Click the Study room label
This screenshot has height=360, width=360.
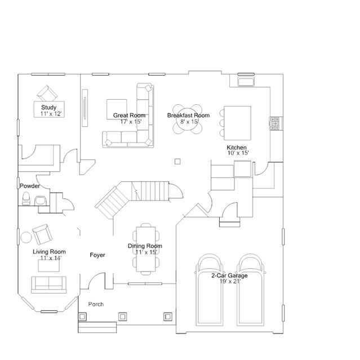point(52,107)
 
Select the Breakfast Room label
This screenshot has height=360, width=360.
point(188,115)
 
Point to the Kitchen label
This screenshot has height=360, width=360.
point(237,147)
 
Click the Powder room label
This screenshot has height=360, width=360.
point(29,186)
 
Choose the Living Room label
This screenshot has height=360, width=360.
point(49,252)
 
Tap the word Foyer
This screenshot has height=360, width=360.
point(97,255)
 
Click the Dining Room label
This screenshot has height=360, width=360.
point(145,246)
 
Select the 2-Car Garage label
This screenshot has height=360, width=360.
point(229,275)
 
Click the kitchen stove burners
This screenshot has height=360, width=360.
point(275,124)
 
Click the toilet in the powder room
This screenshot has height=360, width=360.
point(26,198)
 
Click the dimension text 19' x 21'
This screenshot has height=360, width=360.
point(230,281)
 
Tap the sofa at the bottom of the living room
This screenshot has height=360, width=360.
point(48,284)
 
